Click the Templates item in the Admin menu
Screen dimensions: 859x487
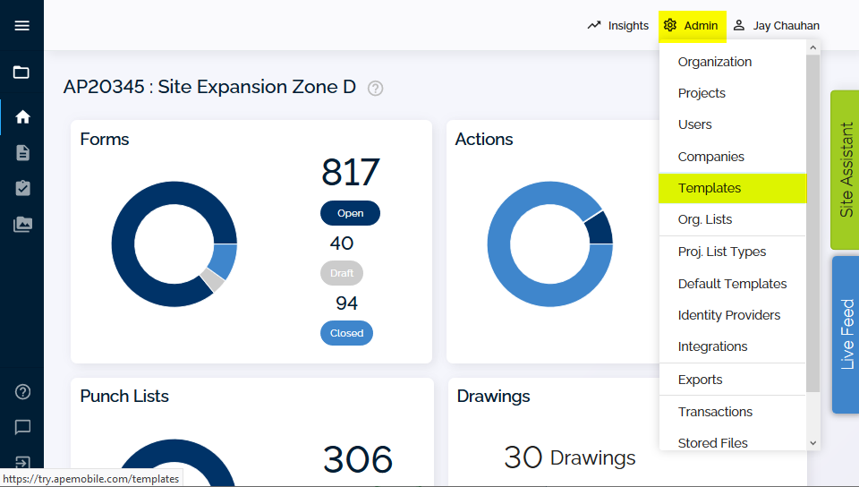(x=709, y=188)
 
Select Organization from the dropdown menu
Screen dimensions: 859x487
(x=714, y=62)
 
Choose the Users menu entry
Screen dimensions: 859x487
(x=694, y=124)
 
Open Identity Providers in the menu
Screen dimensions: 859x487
(x=728, y=315)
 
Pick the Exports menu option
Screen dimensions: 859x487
(x=700, y=380)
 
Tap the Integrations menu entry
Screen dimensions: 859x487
(x=712, y=346)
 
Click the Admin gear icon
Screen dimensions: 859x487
(x=669, y=25)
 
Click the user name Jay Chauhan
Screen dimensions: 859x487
(x=787, y=26)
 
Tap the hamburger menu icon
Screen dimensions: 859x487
(x=21, y=26)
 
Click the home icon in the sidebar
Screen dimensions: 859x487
(x=22, y=116)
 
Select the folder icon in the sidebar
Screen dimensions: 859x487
(x=21, y=73)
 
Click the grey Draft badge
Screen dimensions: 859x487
(x=341, y=273)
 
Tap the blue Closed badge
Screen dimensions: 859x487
(x=346, y=333)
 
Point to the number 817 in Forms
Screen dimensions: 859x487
(x=350, y=172)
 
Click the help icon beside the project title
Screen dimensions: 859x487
(x=375, y=89)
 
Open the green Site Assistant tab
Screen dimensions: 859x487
(x=846, y=170)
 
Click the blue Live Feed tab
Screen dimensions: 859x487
(x=846, y=334)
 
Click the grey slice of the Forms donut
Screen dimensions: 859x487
(x=212, y=280)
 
